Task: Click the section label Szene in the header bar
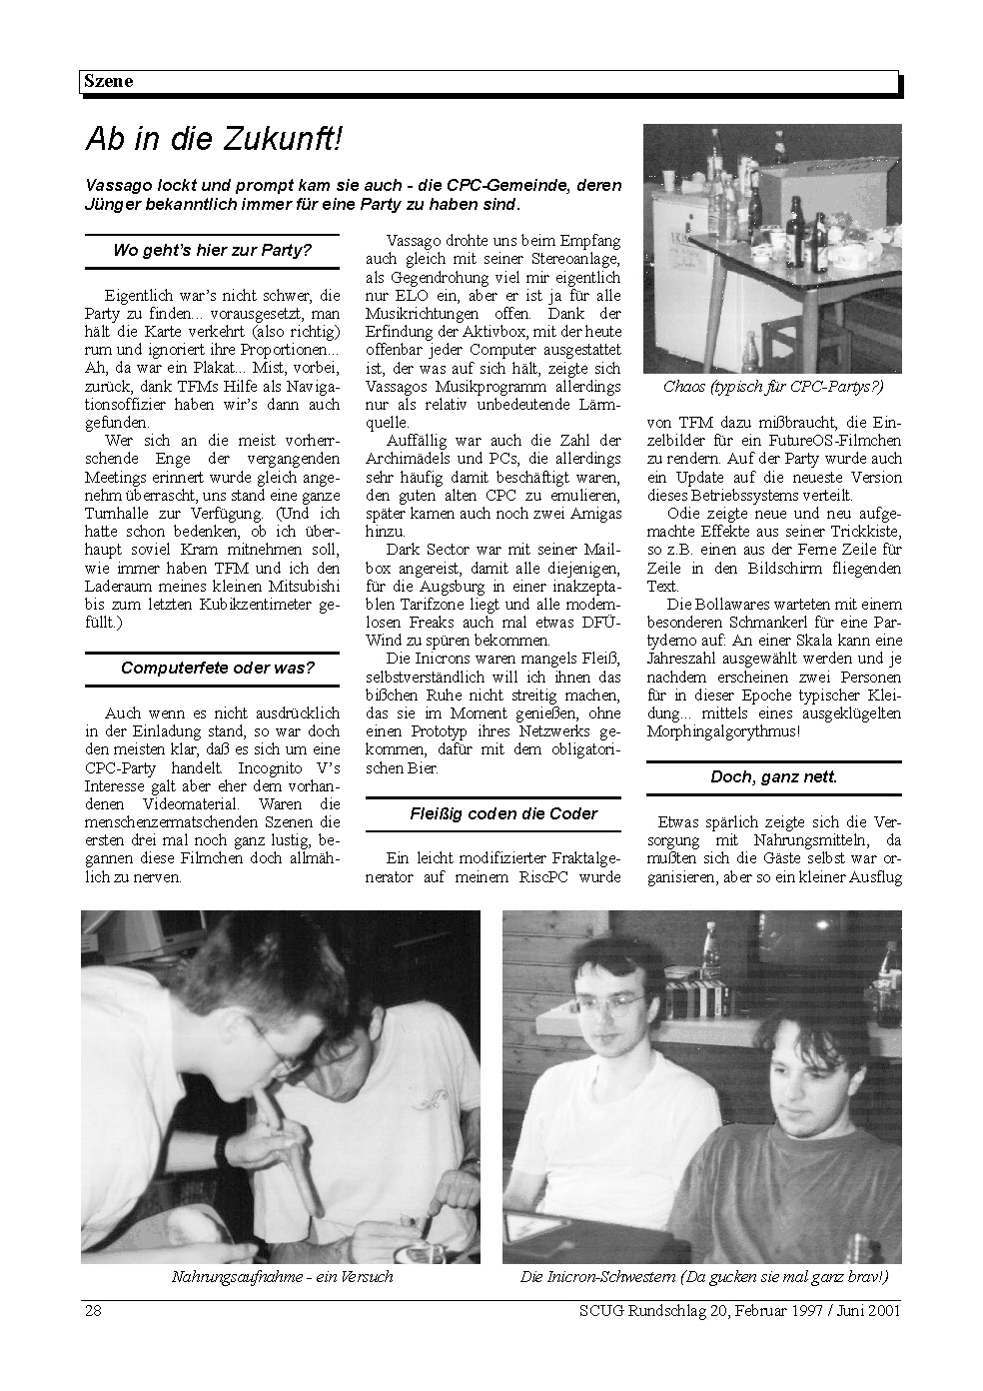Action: click(107, 82)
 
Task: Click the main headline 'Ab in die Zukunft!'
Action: click(213, 140)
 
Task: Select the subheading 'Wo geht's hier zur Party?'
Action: click(212, 250)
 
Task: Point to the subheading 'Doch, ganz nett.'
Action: click(773, 776)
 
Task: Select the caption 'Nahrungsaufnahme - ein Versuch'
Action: click(282, 1277)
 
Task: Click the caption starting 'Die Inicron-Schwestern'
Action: click(703, 1277)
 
